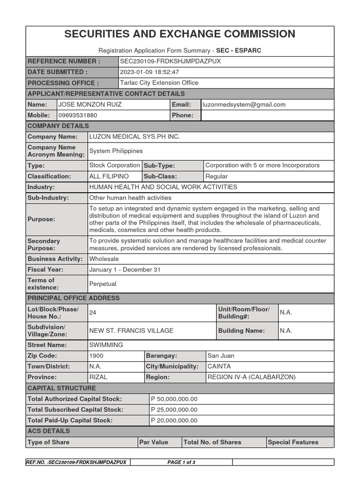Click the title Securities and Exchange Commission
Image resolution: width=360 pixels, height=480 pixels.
[180, 34]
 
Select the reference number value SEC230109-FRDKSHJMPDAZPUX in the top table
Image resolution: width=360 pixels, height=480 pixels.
[170, 61]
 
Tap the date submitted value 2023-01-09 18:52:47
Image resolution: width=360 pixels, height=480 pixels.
[150, 72]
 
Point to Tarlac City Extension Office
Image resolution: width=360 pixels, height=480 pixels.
[159, 83]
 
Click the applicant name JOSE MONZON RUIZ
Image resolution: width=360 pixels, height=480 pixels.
[90, 105]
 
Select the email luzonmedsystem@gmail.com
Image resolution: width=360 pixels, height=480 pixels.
[244, 105]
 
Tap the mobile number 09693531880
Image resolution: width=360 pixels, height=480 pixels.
[78, 115]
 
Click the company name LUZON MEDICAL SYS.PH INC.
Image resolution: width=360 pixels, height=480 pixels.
[135, 137]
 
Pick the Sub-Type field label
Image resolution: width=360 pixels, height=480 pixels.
[159, 165]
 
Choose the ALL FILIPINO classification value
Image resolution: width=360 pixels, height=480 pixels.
[109, 176]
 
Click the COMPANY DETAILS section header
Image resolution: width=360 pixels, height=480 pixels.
[58, 126]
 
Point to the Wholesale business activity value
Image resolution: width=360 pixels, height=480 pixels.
[104, 259]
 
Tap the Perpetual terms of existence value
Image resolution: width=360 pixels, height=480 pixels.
[103, 284]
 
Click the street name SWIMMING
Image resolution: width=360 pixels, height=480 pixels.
[106, 345]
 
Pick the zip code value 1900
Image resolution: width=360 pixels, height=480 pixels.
[97, 356]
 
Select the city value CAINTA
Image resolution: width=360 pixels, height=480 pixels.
[219, 367]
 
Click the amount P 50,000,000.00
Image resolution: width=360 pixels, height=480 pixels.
[174, 399]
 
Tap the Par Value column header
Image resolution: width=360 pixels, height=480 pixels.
[154, 442]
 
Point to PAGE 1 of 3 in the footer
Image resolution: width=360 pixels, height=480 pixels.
[181, 462]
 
